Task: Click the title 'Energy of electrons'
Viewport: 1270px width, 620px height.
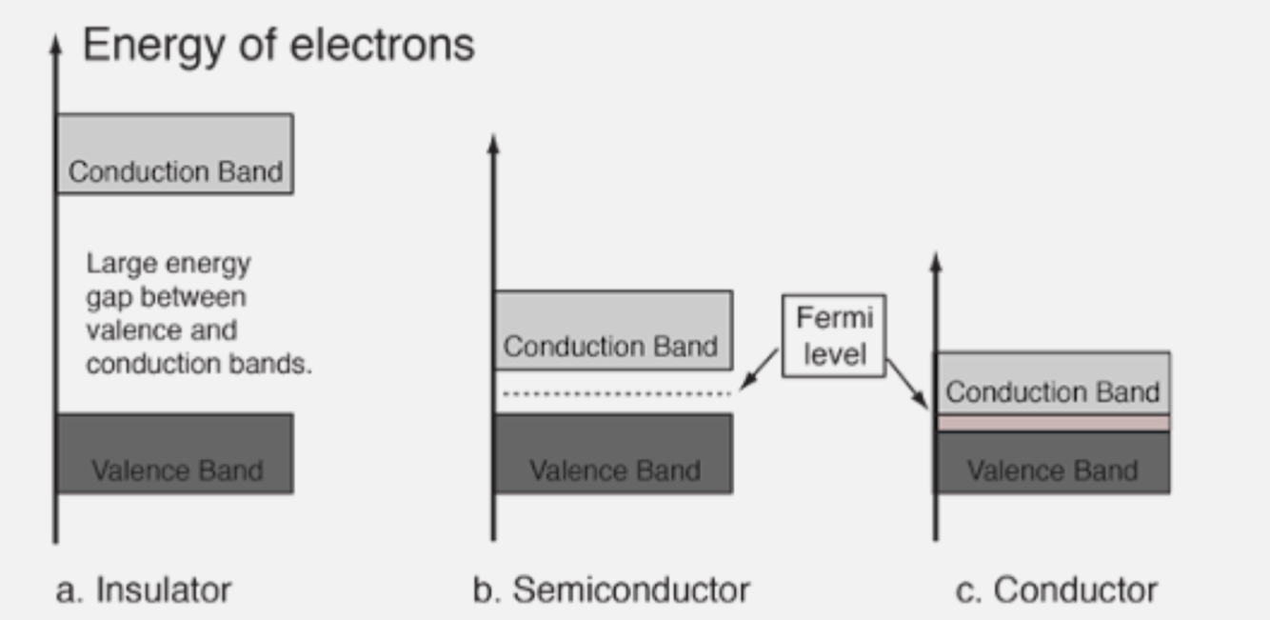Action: (278, 46)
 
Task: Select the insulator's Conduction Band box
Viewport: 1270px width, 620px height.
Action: (175, 154)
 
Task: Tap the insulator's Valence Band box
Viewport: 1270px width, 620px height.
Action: (175, 453)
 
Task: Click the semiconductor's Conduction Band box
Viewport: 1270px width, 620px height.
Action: (612, 330)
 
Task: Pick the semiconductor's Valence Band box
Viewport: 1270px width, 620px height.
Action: (613, 453)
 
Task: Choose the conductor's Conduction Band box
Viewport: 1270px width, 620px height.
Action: (1053, 383)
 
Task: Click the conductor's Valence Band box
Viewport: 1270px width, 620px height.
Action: (1053, 463)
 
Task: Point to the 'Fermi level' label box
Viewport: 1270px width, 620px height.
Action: (834, 335)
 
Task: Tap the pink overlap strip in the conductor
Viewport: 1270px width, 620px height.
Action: (1053, 422)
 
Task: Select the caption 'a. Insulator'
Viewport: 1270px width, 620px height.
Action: (144, 590)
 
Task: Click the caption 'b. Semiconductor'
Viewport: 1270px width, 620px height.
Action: (611, 590)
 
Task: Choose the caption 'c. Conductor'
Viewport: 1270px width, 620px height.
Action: (1056, 590)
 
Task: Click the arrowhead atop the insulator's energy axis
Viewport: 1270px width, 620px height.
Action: (55, 42)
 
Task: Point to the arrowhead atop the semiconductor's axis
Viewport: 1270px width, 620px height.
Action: (493, 143)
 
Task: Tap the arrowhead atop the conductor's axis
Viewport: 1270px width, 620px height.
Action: (935, 260)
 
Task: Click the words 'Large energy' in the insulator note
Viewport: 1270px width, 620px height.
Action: (169, 264)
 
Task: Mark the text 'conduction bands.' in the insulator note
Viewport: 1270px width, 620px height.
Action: (198, 364)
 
